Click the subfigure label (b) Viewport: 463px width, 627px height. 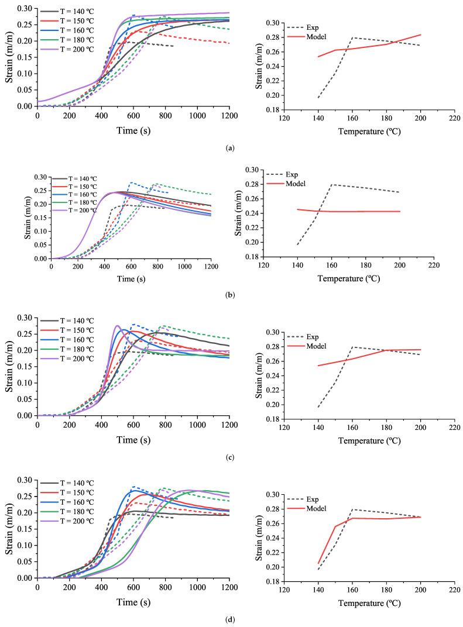231,296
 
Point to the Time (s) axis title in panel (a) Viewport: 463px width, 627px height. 133,128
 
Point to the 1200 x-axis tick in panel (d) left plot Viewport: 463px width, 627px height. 229,587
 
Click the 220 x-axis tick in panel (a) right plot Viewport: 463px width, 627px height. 451,116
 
